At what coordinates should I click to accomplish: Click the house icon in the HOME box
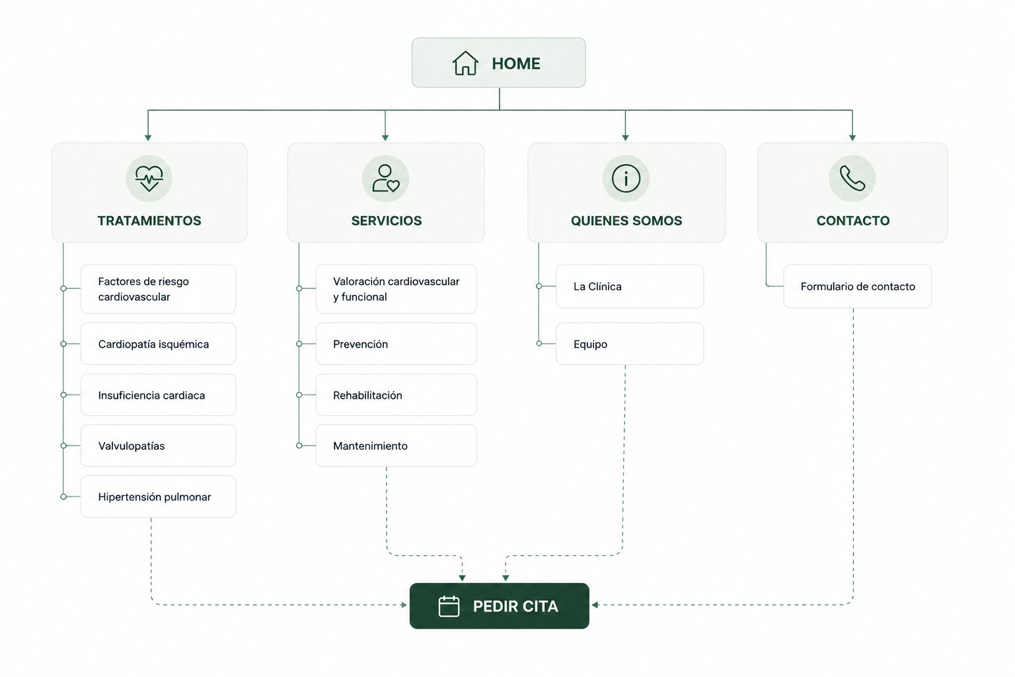(x=465, y=63)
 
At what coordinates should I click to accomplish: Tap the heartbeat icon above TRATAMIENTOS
(x=149, y=179)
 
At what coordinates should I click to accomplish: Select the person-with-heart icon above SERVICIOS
(x=385, y=179)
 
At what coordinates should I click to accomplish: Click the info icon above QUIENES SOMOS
(x=626, y=179)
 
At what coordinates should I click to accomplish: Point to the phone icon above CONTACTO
(x=852, y=179)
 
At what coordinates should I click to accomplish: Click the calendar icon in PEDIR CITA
(x=449, y=606)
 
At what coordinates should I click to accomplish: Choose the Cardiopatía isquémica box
(x=158, y=344)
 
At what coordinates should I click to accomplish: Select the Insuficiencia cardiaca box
(x=158, y=395)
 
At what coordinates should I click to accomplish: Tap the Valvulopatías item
(x=158, y=446)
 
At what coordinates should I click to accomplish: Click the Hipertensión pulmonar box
(x=158, y=497)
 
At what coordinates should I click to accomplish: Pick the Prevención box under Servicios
(x=396, y=344)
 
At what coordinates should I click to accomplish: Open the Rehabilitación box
(x=396, y=395)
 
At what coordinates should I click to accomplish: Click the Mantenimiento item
(x=396, y=446)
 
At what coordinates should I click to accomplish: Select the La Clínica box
(x=630, y=286)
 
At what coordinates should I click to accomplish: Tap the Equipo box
(x=630, y=344)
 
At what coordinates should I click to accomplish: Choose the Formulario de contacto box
(x=857, y=286)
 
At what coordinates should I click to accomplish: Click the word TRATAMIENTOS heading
(x=149, y=221)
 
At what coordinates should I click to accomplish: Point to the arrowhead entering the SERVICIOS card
(x=385, y=138)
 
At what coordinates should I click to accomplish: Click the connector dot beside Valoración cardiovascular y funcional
(x=299, y=288)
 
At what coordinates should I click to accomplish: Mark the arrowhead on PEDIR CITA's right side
(x=595, y=605)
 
